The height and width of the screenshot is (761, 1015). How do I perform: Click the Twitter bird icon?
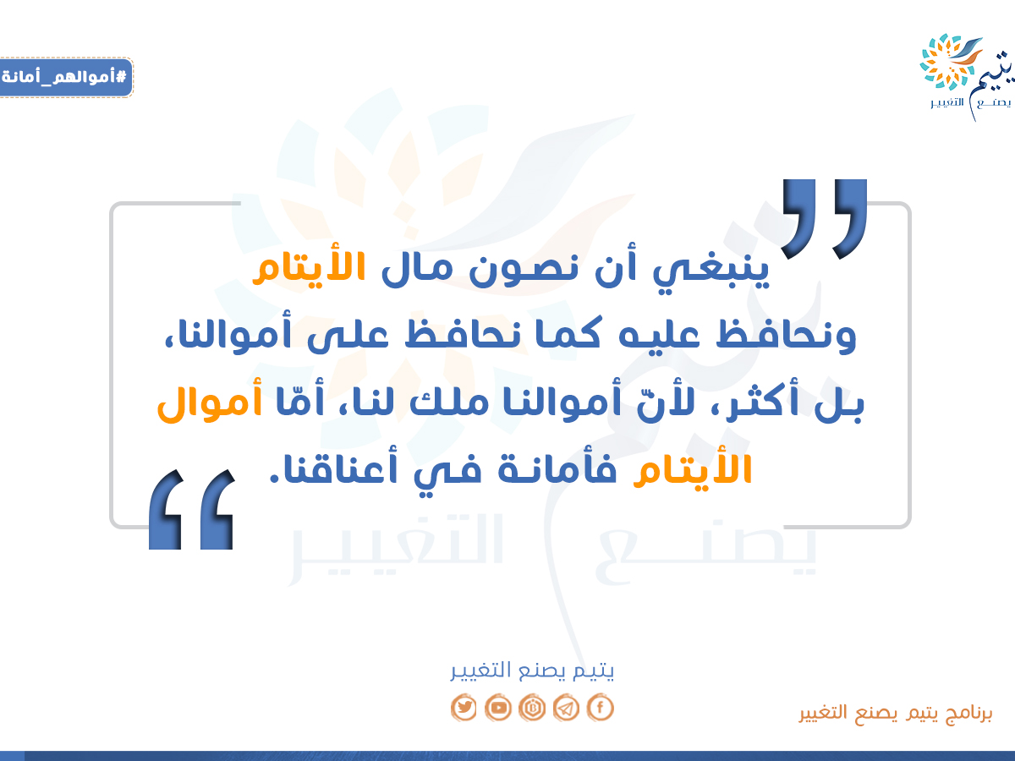coord(464,707)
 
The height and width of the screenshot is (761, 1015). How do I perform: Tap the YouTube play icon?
coord(498,707)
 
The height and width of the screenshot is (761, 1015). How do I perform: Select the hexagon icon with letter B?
coord(532,707)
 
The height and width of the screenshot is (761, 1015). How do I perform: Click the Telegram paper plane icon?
coord(566,707)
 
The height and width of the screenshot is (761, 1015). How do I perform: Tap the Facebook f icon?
coord(601,707)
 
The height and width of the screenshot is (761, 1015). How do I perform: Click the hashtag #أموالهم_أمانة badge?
coord(66,77)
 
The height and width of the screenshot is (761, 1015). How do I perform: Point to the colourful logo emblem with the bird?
coord(950,62)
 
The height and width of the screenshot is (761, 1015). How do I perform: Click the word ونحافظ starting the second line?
coord(786,335)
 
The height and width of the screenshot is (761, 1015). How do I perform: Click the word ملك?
coord(449,401)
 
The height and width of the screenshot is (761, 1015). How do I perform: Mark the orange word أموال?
coord(210,401)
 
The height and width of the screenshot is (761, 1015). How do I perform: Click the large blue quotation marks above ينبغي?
coord(824,219)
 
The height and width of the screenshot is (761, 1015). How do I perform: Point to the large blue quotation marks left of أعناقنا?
coord(191,509)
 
